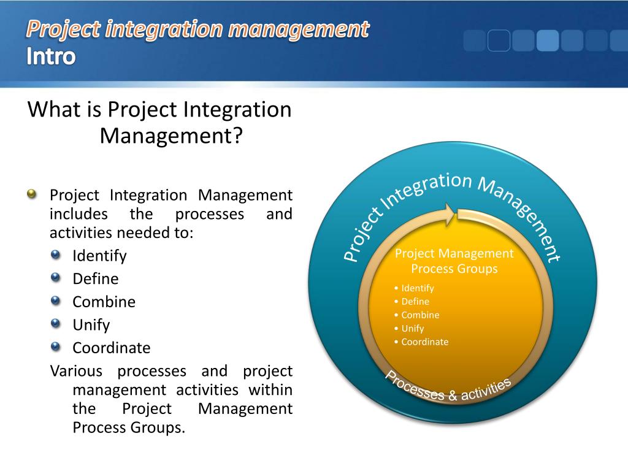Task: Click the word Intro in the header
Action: point(52,56)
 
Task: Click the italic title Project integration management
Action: point(198,28)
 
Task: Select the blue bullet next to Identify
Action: point(56,255)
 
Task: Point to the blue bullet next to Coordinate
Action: point(56,347)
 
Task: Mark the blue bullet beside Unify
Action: point(56,324)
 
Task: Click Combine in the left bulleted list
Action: point(104,302)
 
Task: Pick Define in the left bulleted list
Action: point(95,278)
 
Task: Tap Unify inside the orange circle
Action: point(412,328)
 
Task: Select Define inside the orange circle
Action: point(415,301)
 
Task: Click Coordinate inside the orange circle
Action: point(424,342)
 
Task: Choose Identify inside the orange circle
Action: point(417,288)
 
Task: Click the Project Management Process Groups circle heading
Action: point(454,261)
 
